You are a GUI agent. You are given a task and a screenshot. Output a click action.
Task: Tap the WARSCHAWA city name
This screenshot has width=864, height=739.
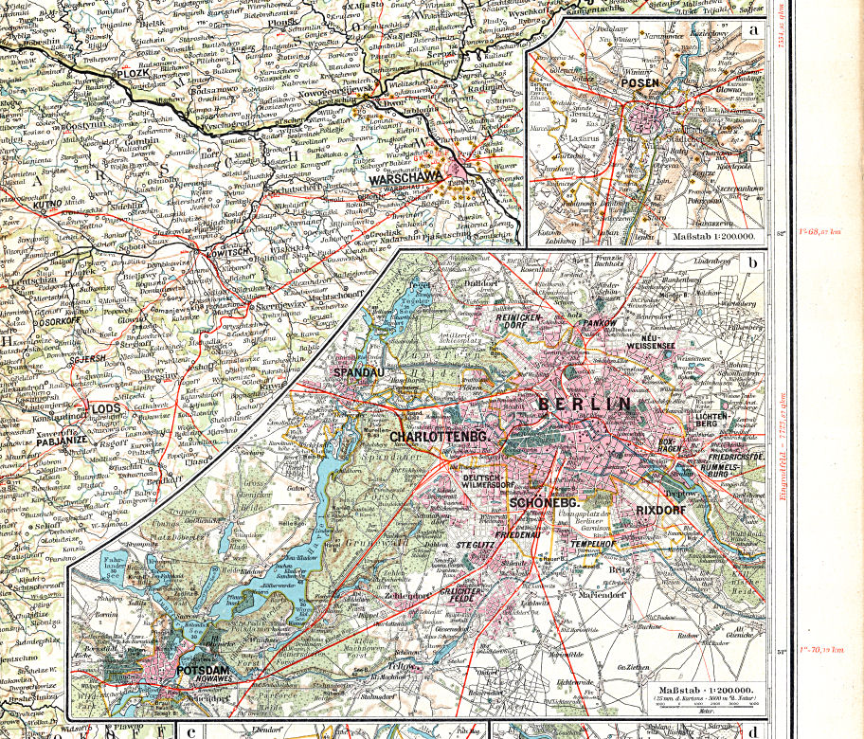pyautogui.click(x=401, y=177)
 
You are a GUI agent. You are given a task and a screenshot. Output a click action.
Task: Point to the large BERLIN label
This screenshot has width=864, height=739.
pyautogui.click(x=585, y=405)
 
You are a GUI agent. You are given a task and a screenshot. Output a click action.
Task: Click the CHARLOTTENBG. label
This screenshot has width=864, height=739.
pyautogui.click(x=438, y=437)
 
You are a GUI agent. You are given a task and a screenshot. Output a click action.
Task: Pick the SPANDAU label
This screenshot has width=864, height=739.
pyautogui.click(x=358, y=373)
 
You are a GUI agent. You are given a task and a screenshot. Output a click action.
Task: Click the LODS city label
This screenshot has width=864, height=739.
pyautogui.click(x=104, y=409)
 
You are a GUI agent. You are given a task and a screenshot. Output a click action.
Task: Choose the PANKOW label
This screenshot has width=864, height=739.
pyautogui.click(x=601, y=324)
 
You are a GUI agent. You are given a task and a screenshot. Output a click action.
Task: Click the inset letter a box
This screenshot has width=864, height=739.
pyautogui.click(x=754, y=28)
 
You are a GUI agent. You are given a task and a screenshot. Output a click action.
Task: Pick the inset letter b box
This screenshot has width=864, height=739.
pyautogui.click(x=752, y=263)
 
